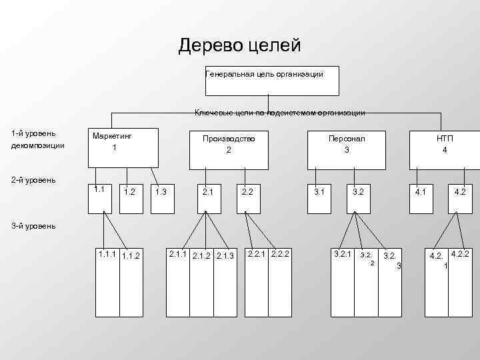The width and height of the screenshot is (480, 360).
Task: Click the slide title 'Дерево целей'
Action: [x=240, y=45]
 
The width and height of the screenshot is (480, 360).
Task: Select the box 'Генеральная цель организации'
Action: [x=272, y=80]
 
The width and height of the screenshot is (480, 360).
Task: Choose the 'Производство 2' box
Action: [x=229, y=147]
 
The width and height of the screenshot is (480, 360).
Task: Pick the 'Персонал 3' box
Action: [x=346, y=147]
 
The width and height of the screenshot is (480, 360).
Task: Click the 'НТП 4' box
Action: [x=445, y=147]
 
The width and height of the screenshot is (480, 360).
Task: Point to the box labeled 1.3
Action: [x=161, y=199]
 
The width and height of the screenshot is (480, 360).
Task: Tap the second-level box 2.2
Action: [x=247, y=199]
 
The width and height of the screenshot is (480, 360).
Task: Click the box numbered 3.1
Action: [x=319, y=199]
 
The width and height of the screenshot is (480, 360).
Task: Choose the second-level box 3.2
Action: [x=359, y=199]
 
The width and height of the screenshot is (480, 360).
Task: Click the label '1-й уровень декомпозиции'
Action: [x=38, y=140]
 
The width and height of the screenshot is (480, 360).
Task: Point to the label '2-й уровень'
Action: [x=33, y=180]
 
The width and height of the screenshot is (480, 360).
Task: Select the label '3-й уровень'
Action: [x=33, y=225]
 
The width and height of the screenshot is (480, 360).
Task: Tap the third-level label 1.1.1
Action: [x=106, y=254]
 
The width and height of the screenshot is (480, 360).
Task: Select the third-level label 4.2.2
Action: [x=460, y=254]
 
